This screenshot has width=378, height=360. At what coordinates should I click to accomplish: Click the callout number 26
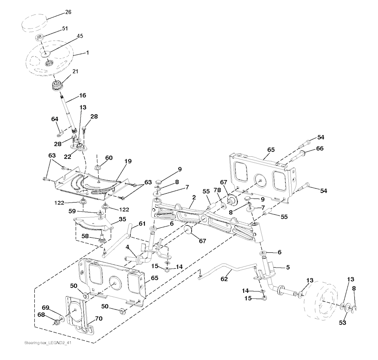[x=68, y=12]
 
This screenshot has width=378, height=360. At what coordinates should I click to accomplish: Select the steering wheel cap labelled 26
[x=34, y=23]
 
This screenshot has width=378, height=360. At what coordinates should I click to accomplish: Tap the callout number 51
[x=65, y=28]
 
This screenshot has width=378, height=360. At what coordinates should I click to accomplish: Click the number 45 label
[x=80, y=36]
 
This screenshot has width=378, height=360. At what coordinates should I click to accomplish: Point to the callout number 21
[x=75, y=71]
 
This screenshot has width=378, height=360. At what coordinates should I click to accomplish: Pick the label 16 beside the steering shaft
[x=82, y=95]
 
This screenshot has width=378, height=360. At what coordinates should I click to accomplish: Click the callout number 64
[x=55, y=119]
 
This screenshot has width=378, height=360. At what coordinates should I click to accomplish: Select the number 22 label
[x=68, y=157]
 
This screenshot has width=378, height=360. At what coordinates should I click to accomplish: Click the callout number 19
[x=128, y=161]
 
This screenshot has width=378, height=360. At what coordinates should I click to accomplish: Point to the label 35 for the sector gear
[x=123, y=219]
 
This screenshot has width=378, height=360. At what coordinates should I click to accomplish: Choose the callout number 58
[x=85, y=236]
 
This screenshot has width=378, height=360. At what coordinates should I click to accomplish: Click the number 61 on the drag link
[x=142, y=224]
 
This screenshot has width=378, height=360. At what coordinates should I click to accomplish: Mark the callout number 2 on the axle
[x=194, y=197]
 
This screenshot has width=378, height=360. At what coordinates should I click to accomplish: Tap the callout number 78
[x=217, y=190]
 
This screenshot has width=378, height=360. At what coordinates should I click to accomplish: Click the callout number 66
[x=320, y=148]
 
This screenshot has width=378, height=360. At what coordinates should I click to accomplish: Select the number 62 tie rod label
[x=224, y=279]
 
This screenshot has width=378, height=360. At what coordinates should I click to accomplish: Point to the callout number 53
[x=342, y=323]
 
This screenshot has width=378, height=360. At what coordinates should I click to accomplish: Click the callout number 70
[x=99, y=319]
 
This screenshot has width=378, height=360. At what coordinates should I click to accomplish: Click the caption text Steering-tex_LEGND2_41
[x=48, y=343]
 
